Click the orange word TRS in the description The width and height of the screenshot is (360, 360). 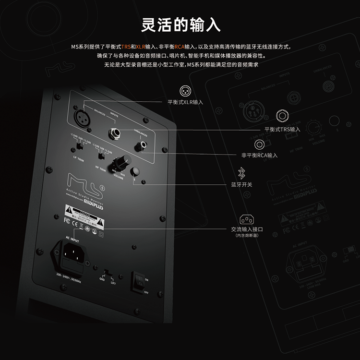point(126,47)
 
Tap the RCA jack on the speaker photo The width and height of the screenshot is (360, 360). point(142,142)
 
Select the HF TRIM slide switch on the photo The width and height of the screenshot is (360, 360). point(101,155)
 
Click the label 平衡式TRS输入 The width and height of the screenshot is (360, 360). point(282,130)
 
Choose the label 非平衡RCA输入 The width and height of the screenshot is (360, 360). point(259,155)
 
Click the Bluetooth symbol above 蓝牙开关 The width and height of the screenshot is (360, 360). point(241,172)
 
